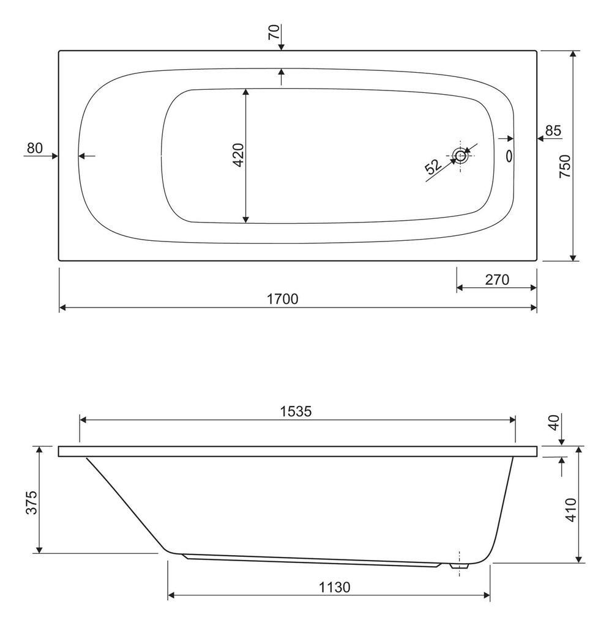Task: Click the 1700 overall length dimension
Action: (x=283, y=298)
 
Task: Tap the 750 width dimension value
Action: (x=565, y=166)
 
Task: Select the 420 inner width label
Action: (x=238, y=155)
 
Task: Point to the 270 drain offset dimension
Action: (x=497, y=279)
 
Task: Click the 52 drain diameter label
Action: (x=433, y=166)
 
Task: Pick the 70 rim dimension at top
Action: (x=274, y=32)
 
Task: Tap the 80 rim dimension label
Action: (x=35, y=148)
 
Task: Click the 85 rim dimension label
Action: (x=553, y=131)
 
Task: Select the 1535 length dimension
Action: (x=296, y=411)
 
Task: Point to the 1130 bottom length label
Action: (x=334, y=587)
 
